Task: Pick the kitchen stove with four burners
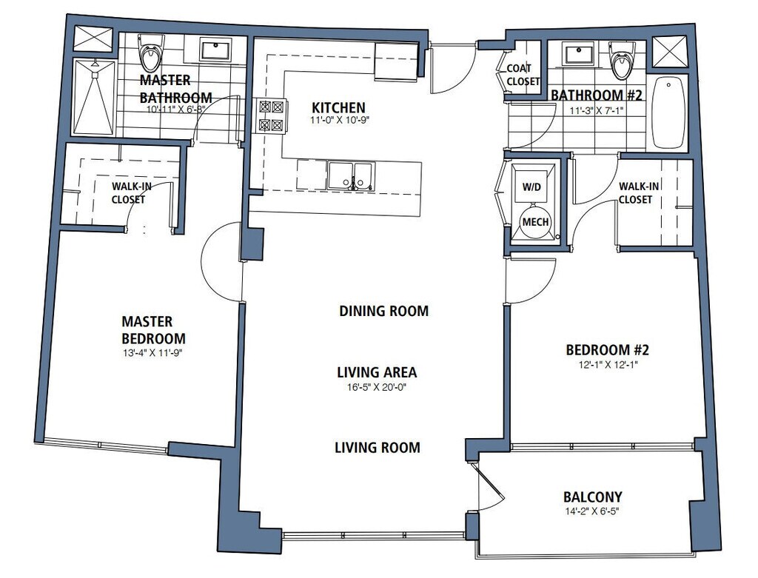click(271, 115)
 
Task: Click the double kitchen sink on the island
click(351, 176)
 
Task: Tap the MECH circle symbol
click(536, 222)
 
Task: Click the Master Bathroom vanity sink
click(215, 51)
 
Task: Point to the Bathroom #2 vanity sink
click(578, 53)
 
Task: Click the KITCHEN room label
click(338, 107)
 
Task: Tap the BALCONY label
click(593, 497)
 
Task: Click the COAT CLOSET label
click(523, 75)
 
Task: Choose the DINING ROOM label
click(384, 311)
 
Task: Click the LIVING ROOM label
click(378, 448)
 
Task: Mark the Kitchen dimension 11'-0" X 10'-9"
click(339, 121)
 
